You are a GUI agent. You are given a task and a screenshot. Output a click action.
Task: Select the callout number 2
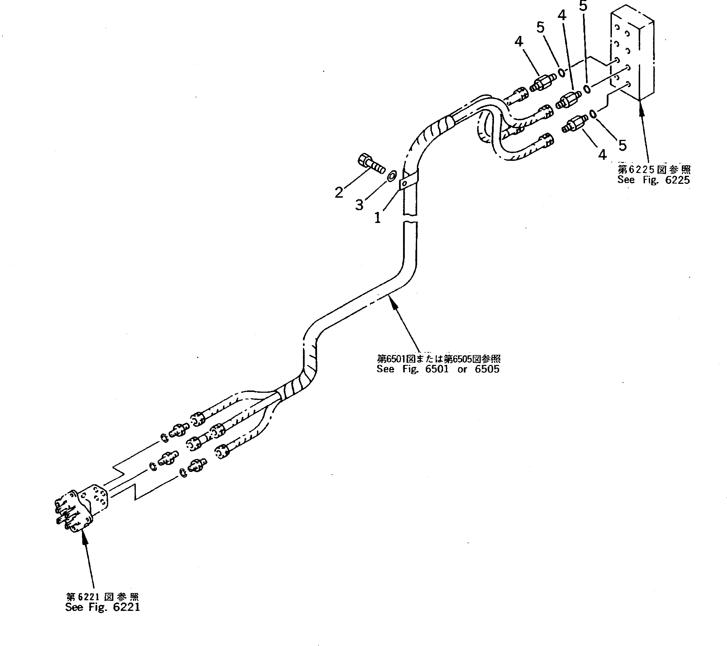click(x=339, y=193)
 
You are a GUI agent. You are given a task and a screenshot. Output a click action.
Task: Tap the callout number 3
click(x=359, y=205)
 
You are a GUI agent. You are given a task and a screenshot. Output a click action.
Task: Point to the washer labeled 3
click(x=392, y=175)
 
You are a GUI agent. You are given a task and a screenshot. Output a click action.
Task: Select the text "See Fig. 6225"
click(x=653, y=180)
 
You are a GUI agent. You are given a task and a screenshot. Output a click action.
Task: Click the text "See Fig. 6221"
click(x=102, y=607)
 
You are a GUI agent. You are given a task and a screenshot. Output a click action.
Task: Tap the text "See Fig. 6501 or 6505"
click(x=438, y=369)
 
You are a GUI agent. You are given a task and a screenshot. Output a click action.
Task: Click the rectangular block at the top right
click(x=633, y=53)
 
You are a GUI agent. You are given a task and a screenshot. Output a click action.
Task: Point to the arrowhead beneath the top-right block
click(x=641, y=106)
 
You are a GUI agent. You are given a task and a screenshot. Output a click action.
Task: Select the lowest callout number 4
click(x=602, y=155)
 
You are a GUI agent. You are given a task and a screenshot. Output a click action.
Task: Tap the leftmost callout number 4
click(x=519, y=42)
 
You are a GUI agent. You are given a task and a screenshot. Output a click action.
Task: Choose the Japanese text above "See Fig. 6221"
click(x=102, y=597)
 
